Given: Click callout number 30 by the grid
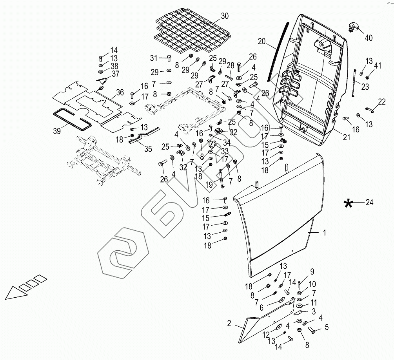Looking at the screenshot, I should coord(224,16).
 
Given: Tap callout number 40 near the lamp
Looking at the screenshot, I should coord(368,38).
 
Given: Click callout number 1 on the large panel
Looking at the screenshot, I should coord(324,233).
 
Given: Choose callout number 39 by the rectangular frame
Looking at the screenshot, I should coord(57,131).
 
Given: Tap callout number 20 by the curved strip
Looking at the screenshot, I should coord(262,41).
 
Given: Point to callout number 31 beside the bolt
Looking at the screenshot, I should coord(154,58).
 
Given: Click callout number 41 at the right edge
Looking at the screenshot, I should coord(378,65).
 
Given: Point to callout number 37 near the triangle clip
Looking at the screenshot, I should coord(115,74).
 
